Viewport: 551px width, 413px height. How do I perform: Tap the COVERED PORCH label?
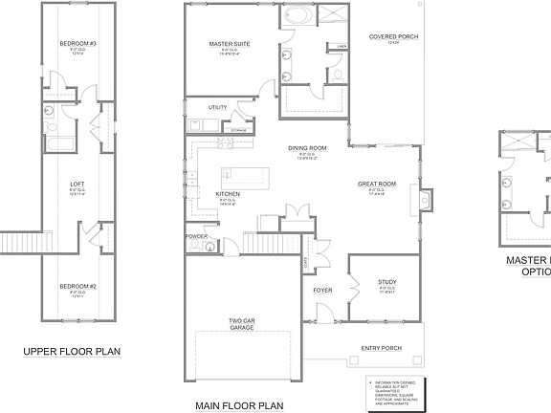point(393,37)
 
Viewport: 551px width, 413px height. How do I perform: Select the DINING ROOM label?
point(308,148)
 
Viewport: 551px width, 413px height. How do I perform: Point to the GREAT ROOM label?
point(377,184)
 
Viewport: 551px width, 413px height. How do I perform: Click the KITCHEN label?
point(227,194)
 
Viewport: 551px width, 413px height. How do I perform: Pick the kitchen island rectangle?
point(246,177)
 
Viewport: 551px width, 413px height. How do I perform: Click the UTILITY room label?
point(217,107)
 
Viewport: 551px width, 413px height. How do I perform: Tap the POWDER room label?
point(196,236)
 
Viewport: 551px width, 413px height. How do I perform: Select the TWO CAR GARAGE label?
point(241,297)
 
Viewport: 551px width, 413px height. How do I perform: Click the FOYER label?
point(323,288)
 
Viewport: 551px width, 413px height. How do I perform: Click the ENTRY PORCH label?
point(380,348)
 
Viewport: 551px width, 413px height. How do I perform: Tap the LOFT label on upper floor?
point(78,184)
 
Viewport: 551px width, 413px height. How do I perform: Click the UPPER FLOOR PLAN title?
point(72,352)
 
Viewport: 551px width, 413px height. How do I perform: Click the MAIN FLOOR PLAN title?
point(241,405)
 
